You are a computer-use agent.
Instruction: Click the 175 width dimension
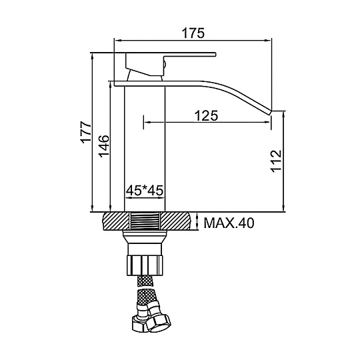(193, 33)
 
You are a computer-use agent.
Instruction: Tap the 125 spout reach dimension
(206, 116)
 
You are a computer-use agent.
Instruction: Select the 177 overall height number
(86, 133)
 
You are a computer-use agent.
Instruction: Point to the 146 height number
(104, 146)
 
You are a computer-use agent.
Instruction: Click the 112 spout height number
(276, 161)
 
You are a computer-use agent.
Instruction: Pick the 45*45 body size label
(145, 190)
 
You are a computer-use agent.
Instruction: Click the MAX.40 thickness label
(229, 223)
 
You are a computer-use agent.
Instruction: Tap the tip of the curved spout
(270, 113)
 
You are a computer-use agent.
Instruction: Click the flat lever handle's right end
(215, 54)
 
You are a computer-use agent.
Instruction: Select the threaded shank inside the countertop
(145, 221)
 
